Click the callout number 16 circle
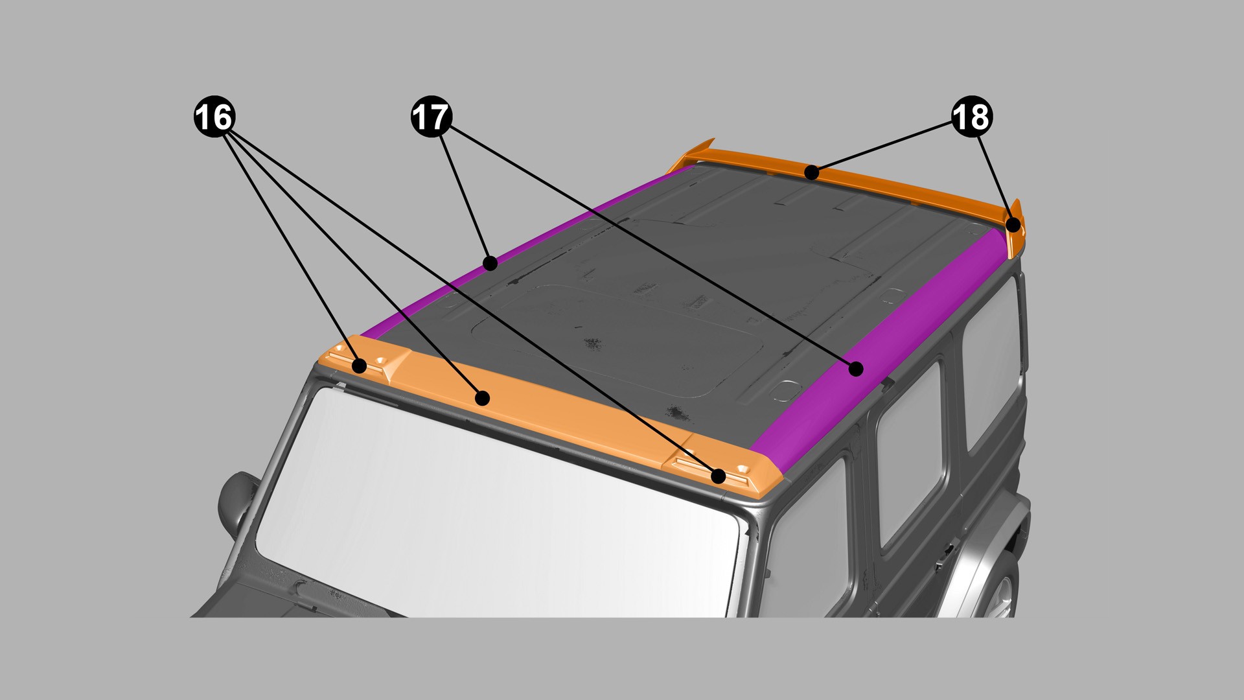tap(214, 117)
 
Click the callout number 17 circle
tap(432, 117)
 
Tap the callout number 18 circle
tap(972, 117)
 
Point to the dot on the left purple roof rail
tap(490, 263)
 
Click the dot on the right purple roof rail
tap(856, 369)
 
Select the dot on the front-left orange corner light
tap(360, 366)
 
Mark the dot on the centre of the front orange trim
tap(482, 398)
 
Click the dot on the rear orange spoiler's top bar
tap(811, 172)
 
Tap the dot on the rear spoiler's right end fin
tap(1013, 226)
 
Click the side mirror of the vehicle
tap(236, 503)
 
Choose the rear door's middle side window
tap(910, 454)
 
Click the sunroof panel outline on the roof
tap(616, 340)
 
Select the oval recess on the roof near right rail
tap(787, 390)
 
